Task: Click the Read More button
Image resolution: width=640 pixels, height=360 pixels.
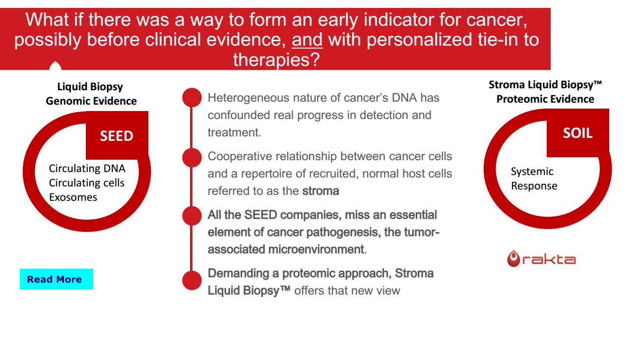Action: (57, 279)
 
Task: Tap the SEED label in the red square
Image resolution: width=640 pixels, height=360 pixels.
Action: (117, 136)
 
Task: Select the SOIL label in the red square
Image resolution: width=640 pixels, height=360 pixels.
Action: (577, 133)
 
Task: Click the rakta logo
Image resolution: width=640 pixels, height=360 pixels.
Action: (541, 259)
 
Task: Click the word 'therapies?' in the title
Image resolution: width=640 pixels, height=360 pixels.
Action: (276, 60)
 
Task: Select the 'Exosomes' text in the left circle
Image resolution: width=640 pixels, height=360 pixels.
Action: (73, 197)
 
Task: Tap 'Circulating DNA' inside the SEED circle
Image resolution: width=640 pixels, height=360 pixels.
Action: (87, 169)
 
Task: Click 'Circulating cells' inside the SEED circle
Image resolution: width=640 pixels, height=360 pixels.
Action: (86, 182)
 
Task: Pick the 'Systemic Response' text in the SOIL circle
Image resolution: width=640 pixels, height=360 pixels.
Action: (534, 179)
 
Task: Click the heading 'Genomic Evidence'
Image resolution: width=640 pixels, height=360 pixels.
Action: (91, 101)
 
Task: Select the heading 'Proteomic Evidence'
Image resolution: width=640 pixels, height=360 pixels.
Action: (545, 99)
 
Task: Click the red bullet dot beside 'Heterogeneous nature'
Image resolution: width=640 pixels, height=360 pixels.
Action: (192, 98)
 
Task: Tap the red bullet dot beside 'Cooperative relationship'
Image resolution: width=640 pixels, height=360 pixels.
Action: (192, 158)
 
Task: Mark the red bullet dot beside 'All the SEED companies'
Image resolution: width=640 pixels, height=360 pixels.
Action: (192, 216)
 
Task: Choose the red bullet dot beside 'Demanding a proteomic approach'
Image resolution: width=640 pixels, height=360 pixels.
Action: (192, 280)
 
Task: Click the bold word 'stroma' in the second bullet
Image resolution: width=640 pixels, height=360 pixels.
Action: (320, 191)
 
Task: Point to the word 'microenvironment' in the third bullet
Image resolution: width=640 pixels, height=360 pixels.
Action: (316, 249)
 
